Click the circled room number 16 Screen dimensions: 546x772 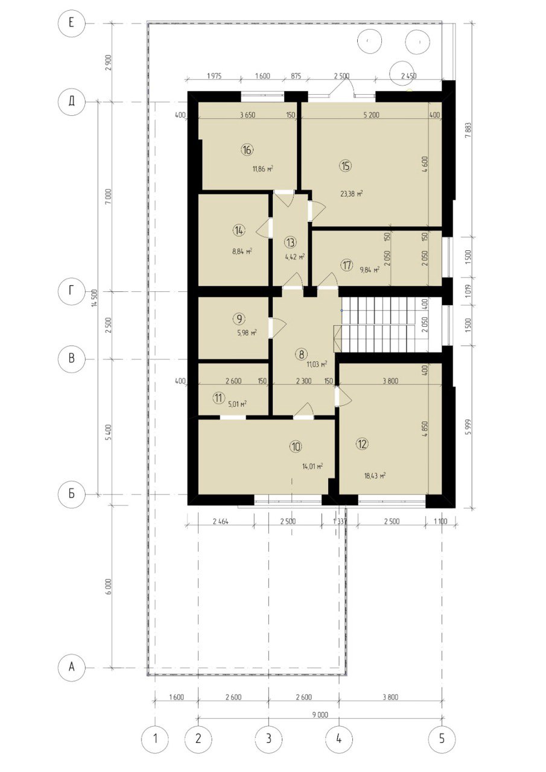pyautogui.click(x=247, y=150)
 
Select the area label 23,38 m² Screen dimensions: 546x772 pyautogui.click(x=352, y=194)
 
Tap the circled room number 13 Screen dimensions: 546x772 pyautogui.click(x=290, y=242)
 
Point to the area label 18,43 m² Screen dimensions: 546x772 pyautogui.click(x=375, y=476)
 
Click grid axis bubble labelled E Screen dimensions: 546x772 pyautogui.click(x=71, y=24)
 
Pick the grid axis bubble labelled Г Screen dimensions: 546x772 pyautogui.click(x=71, y=291)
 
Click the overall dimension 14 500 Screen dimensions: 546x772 pyautogui.click(x=96, y=298)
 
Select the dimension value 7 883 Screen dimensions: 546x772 pyautogui.click(x=468, y=130)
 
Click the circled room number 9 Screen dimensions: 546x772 pyautogui.click(x=240, y=319)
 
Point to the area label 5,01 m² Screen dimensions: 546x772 pyautogui.click(x=237, y=403)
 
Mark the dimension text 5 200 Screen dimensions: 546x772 pyautogui.click(x=371, y=115)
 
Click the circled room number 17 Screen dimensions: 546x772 pyautogui.click(x=347, y=265)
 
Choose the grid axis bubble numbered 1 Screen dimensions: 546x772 pyautogui.click(x=155, y=739)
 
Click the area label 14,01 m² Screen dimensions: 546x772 pyautogui.click(x=313, y=467)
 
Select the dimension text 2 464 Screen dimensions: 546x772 pyautogui.click(x=221, y=522)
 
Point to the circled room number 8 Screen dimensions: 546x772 pyautogui.click(x=302, y=354)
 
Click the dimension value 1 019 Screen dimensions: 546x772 pyautogui.click(x=468, y=291)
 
